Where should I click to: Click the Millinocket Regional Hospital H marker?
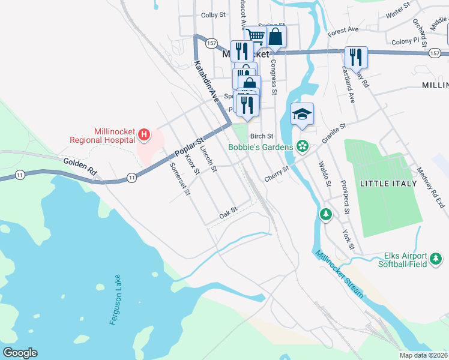coord(143,133)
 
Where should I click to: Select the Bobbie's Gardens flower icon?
coord(303,146)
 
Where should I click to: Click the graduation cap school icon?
coord(303,113)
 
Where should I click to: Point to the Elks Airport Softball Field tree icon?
coord(436,259)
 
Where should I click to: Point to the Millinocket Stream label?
coord(340,274)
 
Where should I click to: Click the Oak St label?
coord(228,213)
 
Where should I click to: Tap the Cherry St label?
coord(277,175)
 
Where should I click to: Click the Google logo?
coord(20,353)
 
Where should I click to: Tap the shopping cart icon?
coord(256,36)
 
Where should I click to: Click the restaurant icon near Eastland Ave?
coord(357,57)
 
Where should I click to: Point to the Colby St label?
coord(213,15)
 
